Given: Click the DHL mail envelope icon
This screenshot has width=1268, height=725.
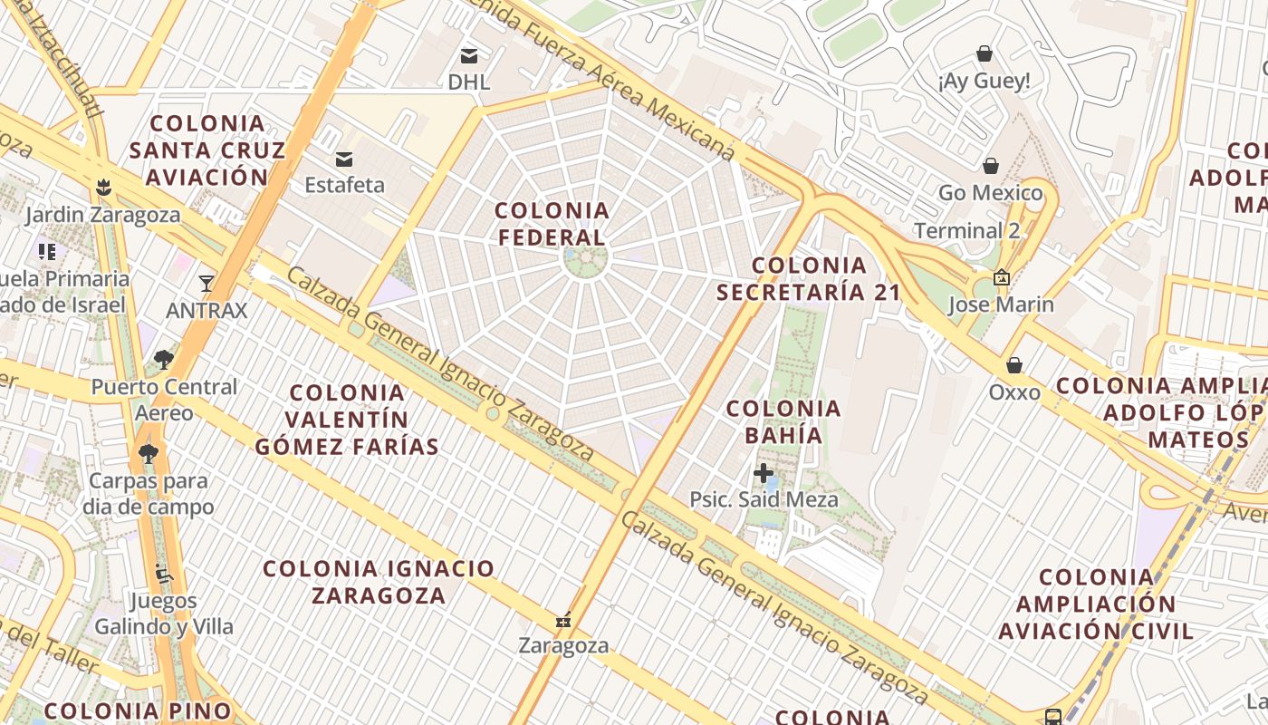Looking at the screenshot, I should click(469, 55).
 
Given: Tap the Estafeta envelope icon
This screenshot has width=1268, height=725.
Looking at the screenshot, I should click(344, 159).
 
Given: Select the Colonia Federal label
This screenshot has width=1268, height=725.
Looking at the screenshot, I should click(552, 224).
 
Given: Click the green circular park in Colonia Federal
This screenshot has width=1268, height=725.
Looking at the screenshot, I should click(585, 259).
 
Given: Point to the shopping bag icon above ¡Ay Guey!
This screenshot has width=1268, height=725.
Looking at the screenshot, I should click(985, 54).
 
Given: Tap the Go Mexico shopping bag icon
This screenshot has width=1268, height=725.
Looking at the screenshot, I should click(991, 166).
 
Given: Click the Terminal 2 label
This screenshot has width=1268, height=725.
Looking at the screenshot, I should click(966, 230).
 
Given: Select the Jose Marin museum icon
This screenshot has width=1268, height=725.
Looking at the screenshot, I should click(1001, 277).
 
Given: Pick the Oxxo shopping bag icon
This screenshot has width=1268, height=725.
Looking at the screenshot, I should click(1014, 365).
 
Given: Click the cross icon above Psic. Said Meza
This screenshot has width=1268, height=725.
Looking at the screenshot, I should click(764, 472).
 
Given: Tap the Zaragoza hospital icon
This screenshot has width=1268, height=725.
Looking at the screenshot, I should click(563, 621).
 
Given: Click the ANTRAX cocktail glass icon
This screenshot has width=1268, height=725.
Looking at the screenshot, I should click(207, 284).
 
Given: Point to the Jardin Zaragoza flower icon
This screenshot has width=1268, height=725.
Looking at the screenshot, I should click(103, 188).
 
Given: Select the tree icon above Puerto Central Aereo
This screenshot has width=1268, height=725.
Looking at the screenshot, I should click(163, 360).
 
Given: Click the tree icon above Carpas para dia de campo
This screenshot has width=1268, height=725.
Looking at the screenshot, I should click(148, 453).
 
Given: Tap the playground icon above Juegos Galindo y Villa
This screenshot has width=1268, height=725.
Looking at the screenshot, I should click(164, 573).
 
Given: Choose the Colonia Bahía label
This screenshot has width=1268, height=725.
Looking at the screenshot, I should click(783, 421).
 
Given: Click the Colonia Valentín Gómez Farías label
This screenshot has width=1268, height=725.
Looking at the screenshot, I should click(347, 419).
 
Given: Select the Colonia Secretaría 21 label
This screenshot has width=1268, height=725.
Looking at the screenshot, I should click(809, 278).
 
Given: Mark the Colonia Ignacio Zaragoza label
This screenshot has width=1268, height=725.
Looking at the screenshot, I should click(379, 581).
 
